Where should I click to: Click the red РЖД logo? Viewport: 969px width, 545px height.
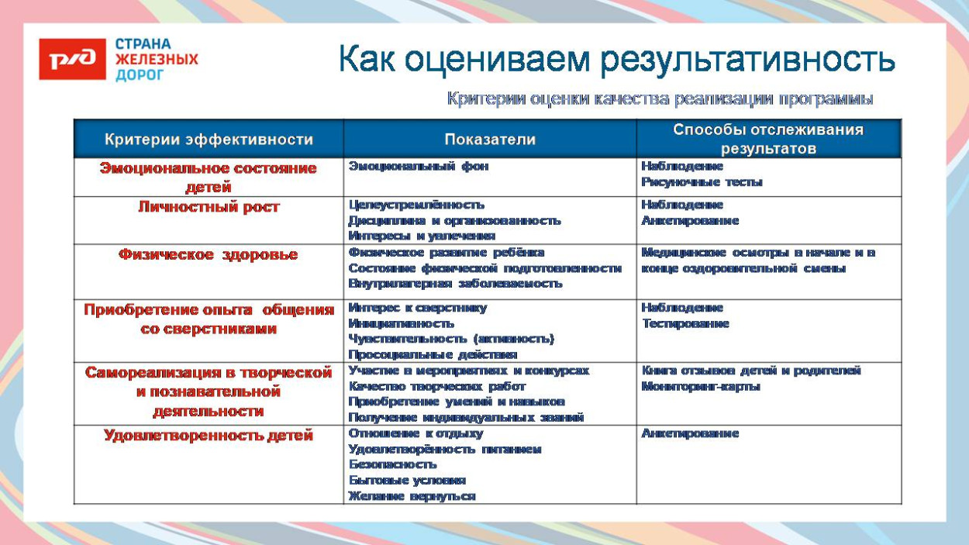72,59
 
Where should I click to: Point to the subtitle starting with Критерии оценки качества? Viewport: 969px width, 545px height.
660,99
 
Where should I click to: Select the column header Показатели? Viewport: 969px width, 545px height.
490,140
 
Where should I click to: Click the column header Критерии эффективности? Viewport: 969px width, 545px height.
209,140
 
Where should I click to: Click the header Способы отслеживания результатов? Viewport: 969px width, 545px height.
768,140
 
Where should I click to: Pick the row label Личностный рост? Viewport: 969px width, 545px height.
209,207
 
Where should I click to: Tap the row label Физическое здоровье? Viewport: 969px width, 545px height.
209,254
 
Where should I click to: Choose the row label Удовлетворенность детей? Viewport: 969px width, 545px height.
209,436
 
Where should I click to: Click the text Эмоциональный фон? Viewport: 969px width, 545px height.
419,166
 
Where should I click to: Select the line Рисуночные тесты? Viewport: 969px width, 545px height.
702,182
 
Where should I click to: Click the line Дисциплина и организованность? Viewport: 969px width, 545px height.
454,221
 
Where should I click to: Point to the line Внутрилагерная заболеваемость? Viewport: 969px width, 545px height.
455,284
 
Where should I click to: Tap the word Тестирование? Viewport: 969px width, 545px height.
685,323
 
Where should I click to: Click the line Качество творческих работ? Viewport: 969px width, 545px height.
436,386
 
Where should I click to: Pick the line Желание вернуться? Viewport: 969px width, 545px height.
412,496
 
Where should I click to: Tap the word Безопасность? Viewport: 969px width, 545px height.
392,464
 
